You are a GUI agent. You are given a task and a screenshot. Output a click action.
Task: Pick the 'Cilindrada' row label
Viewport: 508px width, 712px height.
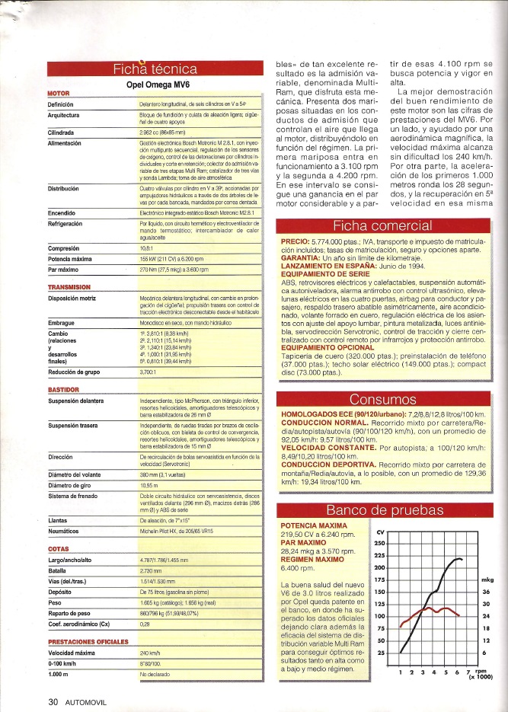click(x=65, y=131)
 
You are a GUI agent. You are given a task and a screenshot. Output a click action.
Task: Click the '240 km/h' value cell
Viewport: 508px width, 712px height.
click(x=150, y=653)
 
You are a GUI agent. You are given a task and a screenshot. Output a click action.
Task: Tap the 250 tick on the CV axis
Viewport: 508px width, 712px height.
click(x=381, y=542)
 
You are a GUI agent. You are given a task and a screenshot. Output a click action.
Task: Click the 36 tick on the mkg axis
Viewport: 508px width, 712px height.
click(x=485, y=592)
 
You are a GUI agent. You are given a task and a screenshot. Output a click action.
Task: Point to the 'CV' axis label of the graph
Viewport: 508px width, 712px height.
click(x=381, y=531)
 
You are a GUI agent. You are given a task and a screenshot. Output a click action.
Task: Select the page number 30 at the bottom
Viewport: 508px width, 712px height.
click(x=53, y=702)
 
